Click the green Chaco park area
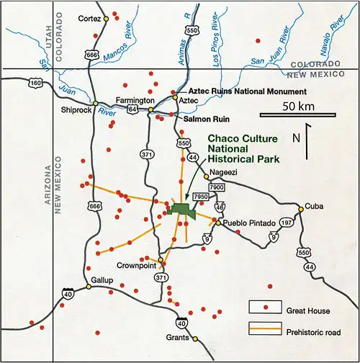pyautogui.click(x=183, y=209)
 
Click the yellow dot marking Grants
pyautogui.click(x=195, y=338)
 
